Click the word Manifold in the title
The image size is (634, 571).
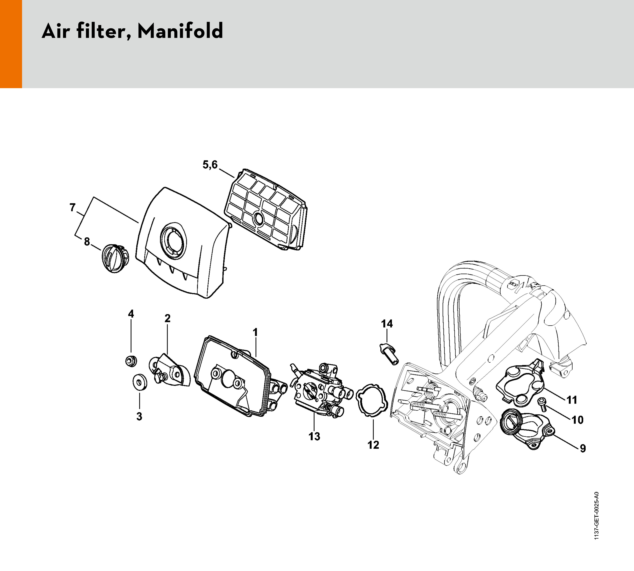pyautogui.click(x=180, y=31)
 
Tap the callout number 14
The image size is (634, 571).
pyautogui.click(x=387, y=323)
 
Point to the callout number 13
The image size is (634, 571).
pyautogui.click(x=314, y=436)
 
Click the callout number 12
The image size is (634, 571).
pyautogui.click(x=373, y=445)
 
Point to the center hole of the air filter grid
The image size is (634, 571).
pyautogui.click(x=258, y=217)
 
